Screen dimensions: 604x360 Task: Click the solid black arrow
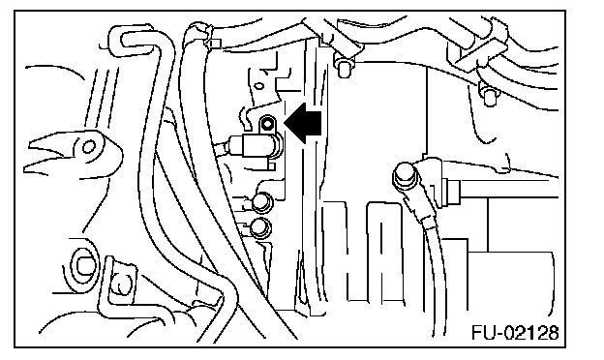[303, 123]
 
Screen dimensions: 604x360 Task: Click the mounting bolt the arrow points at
[267, 124]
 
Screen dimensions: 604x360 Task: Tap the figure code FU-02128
[515, 333]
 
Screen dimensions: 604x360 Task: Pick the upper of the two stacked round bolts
[261, 201]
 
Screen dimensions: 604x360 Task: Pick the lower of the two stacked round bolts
[260, 227]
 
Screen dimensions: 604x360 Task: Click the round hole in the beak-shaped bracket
[89, 147]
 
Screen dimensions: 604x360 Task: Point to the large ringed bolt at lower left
[82, 266]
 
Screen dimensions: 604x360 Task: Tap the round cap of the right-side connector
[406, 175]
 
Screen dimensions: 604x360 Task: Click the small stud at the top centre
[344, 68]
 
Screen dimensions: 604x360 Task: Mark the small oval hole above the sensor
[259, 85]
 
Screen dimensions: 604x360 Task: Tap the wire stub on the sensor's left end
[223, 147]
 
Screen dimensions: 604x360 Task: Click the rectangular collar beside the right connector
[452, 192]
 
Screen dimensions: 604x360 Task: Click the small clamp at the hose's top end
[211, 42]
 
